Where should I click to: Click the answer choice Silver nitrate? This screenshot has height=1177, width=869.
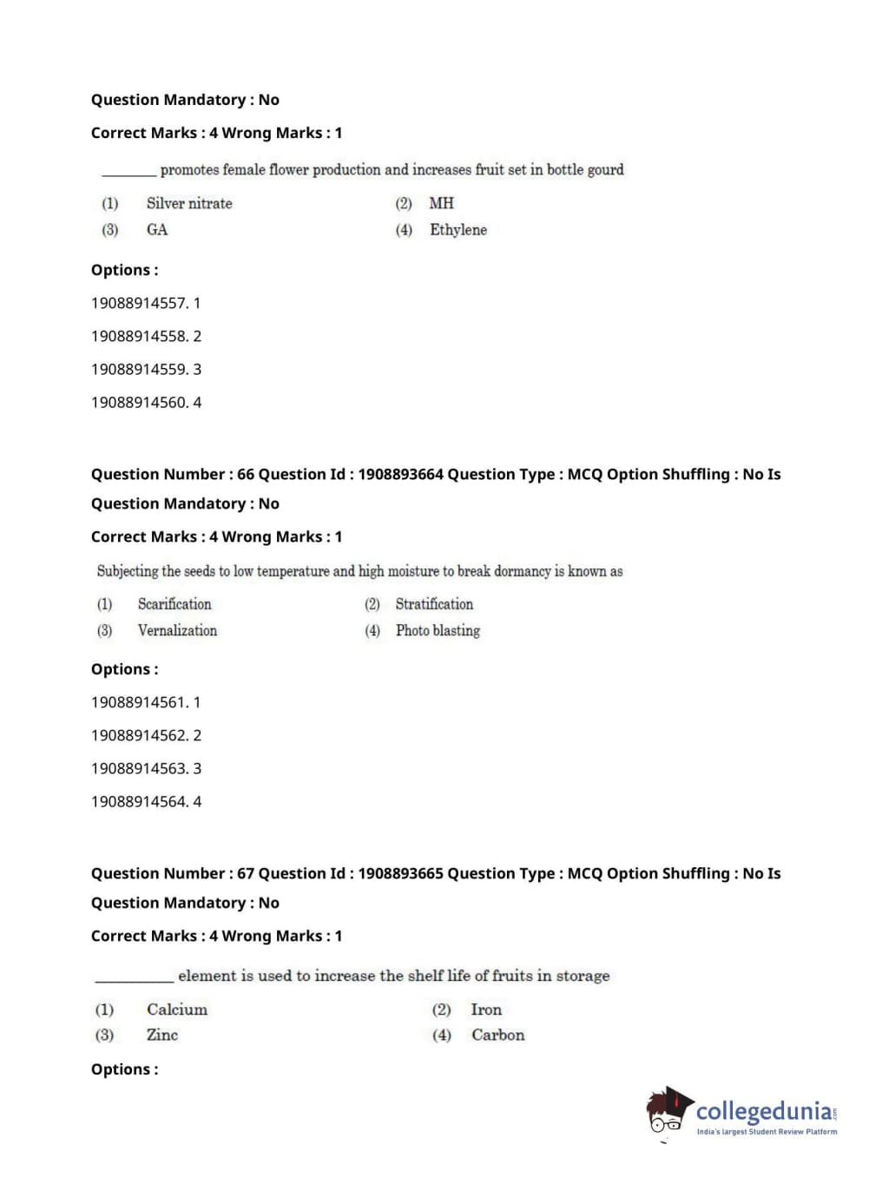tap(188, 203)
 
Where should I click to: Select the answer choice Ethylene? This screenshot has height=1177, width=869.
tap(458, 230)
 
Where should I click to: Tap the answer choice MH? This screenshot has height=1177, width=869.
tap(441, 203)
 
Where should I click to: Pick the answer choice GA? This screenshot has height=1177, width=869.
tap(156, 230)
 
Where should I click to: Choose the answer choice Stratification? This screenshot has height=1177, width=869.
tap(434, 604)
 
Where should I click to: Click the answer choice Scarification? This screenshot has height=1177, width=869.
tap(174, 604)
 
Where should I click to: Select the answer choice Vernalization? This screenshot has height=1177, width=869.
tap(177, 631)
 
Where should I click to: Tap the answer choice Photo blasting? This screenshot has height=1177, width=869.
tap(438, 631)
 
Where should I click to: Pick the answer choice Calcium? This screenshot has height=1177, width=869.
tap(176, 1009)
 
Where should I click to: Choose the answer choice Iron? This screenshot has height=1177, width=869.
tap(486, 1009)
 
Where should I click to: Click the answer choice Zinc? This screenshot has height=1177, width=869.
tap(161, 1035)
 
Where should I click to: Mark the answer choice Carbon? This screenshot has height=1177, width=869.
tap(497, 1035)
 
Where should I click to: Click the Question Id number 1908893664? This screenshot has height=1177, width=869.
tap(400, 474)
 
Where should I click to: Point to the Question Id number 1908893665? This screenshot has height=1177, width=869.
tap(400, 873)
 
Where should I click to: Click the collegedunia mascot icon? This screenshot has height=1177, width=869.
tap(668, 1112)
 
